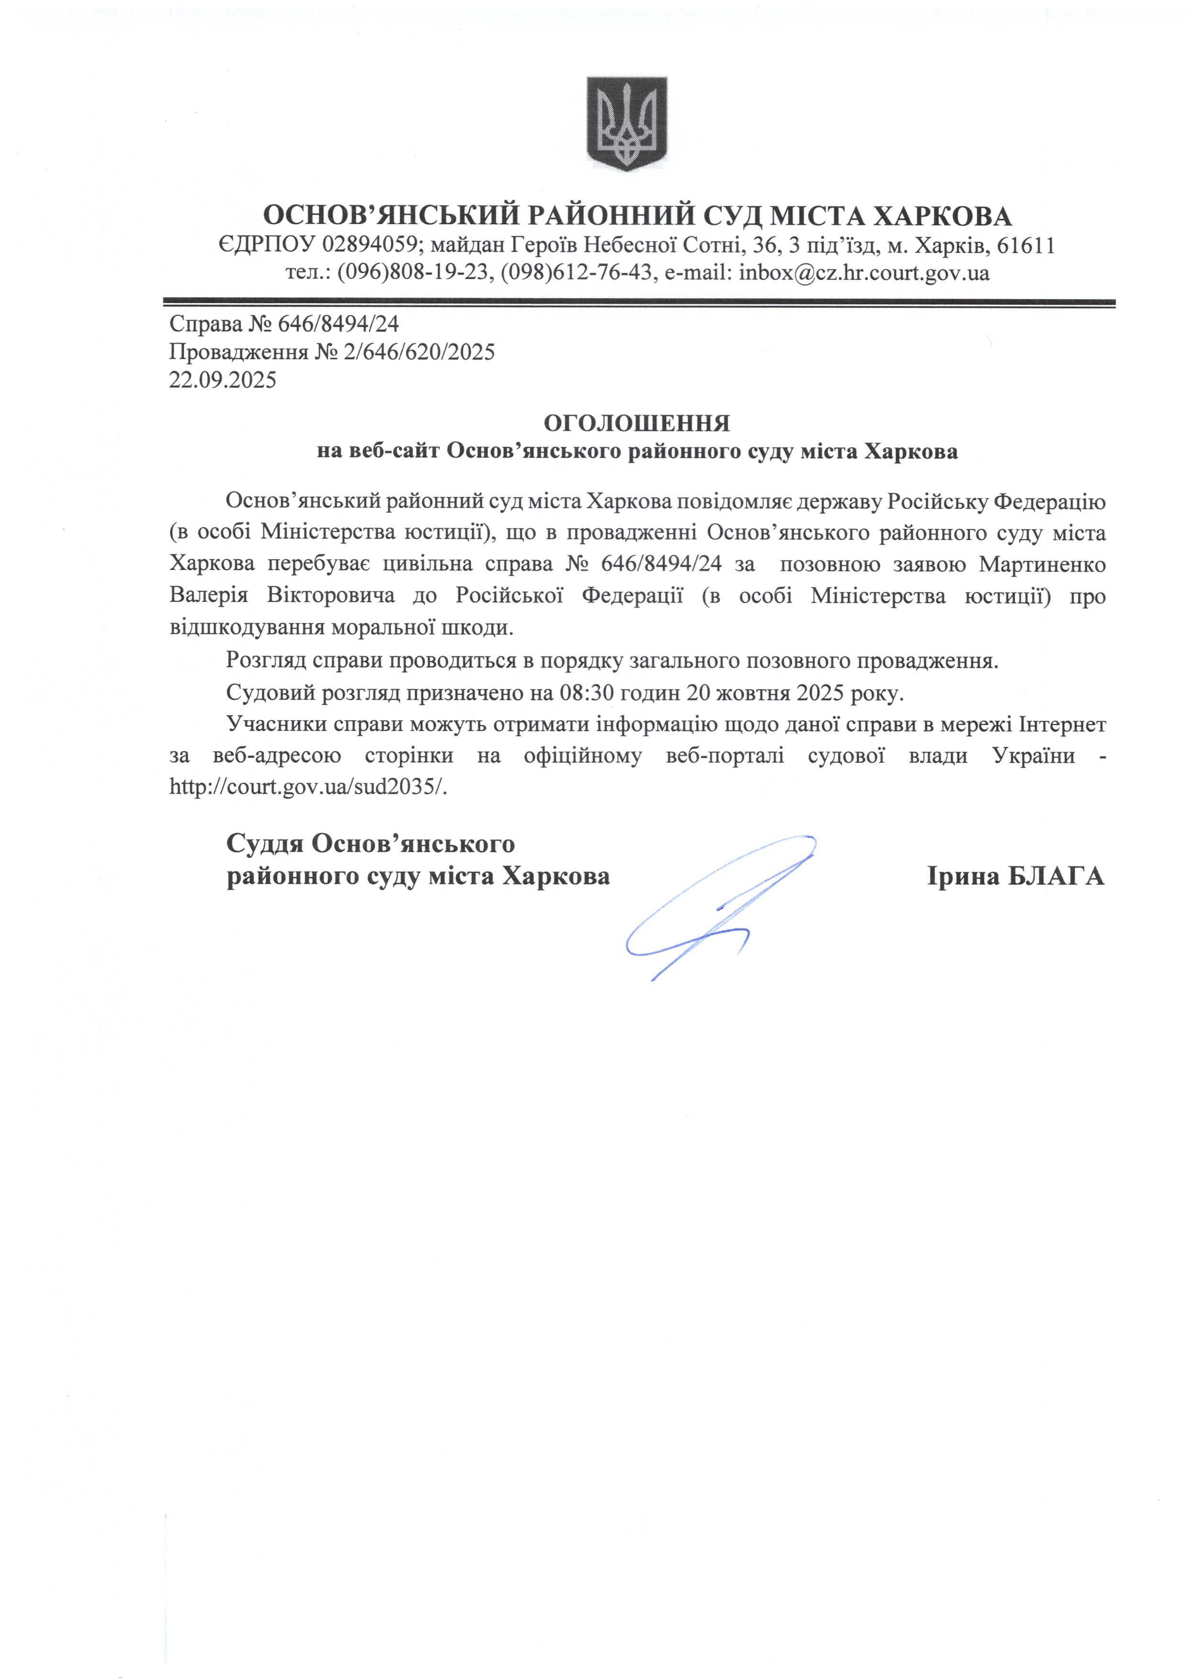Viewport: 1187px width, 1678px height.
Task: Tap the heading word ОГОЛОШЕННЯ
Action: tap(637, 423)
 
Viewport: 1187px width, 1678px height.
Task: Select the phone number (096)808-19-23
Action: tap(412, 273)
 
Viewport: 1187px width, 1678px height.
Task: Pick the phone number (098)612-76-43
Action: tap(576, 273)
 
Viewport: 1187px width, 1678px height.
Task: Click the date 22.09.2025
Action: tap(223, 380)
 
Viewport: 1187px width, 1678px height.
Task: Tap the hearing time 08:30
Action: tap(585, 692)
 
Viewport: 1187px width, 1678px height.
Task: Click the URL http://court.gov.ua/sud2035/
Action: tap(308, 787)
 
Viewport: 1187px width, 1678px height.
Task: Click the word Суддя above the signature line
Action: tap(265, 844)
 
